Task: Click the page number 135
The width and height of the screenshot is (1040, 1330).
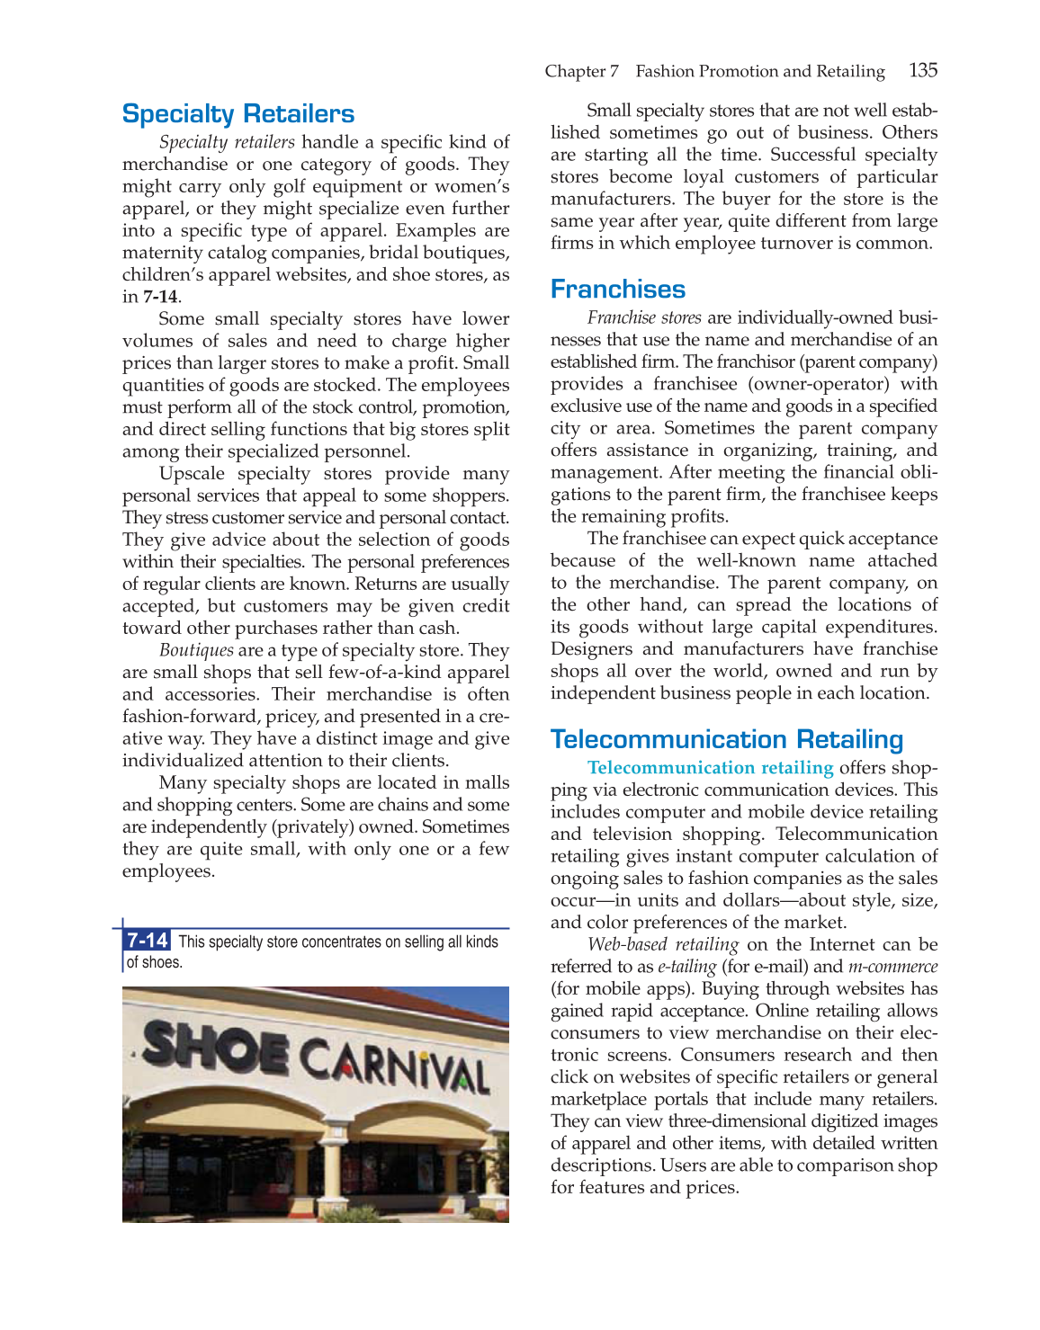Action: [x=922, y=70]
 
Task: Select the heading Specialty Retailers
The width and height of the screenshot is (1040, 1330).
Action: [x=238, y=114]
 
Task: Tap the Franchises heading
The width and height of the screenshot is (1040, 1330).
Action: [x=617, y=290]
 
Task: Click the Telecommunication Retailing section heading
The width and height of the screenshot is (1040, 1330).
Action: [x=726, y=740]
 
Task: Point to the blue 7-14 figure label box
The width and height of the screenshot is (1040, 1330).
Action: [x=147, y=941]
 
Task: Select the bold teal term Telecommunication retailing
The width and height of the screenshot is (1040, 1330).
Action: [x=710, y=768]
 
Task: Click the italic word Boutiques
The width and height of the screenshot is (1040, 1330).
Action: [x=196, y=650]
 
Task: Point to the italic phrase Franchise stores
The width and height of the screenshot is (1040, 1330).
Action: [x=644, y=317]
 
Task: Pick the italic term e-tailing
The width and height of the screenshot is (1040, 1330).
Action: [x=686, y=967]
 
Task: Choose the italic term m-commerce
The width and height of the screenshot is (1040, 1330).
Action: [x=892, y=967]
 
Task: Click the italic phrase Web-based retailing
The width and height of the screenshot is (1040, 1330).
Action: [x=662, y=944]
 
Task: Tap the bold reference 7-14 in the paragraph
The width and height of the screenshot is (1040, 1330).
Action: [x=160, y=297]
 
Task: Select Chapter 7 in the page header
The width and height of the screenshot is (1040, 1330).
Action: [x=581, y=71]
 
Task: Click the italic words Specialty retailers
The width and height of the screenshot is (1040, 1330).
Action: [x=227, y=142]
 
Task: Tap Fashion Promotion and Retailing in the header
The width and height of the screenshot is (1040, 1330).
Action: [x=759, y=71]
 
